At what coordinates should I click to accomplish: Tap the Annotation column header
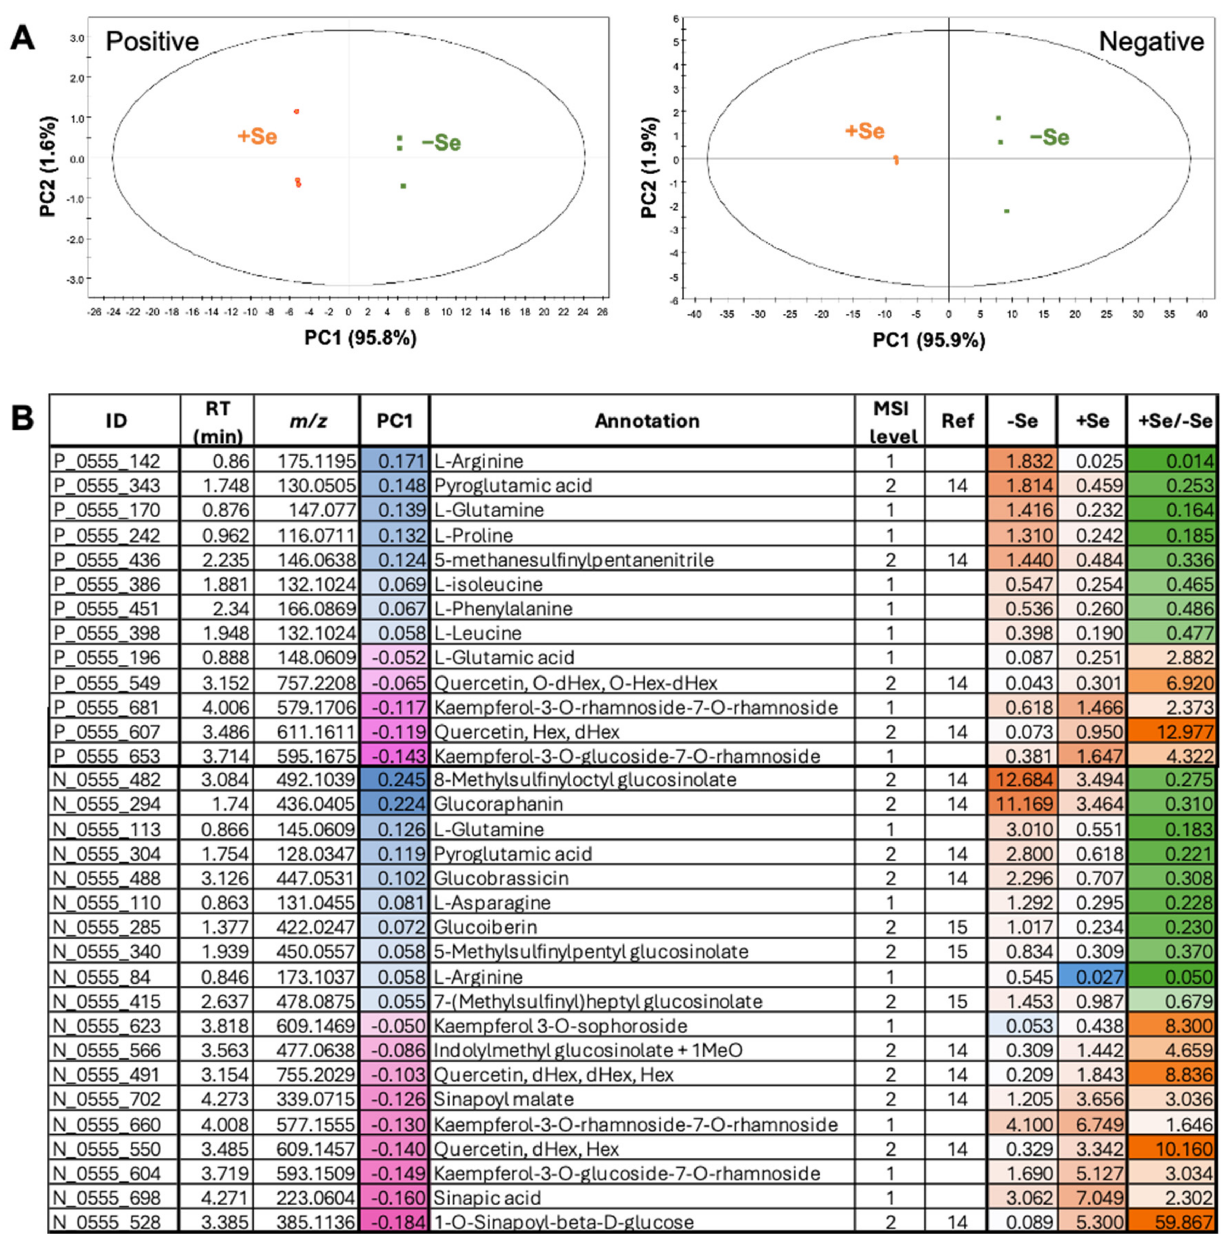pos(647,421)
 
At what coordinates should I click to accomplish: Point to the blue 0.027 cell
pos(1092,976)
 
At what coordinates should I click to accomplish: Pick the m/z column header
pos(306,421)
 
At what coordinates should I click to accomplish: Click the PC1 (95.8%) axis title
pos(360,338)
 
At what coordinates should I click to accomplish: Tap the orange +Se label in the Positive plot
pos(257,137)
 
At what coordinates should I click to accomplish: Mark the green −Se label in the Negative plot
pos(1049,137)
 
